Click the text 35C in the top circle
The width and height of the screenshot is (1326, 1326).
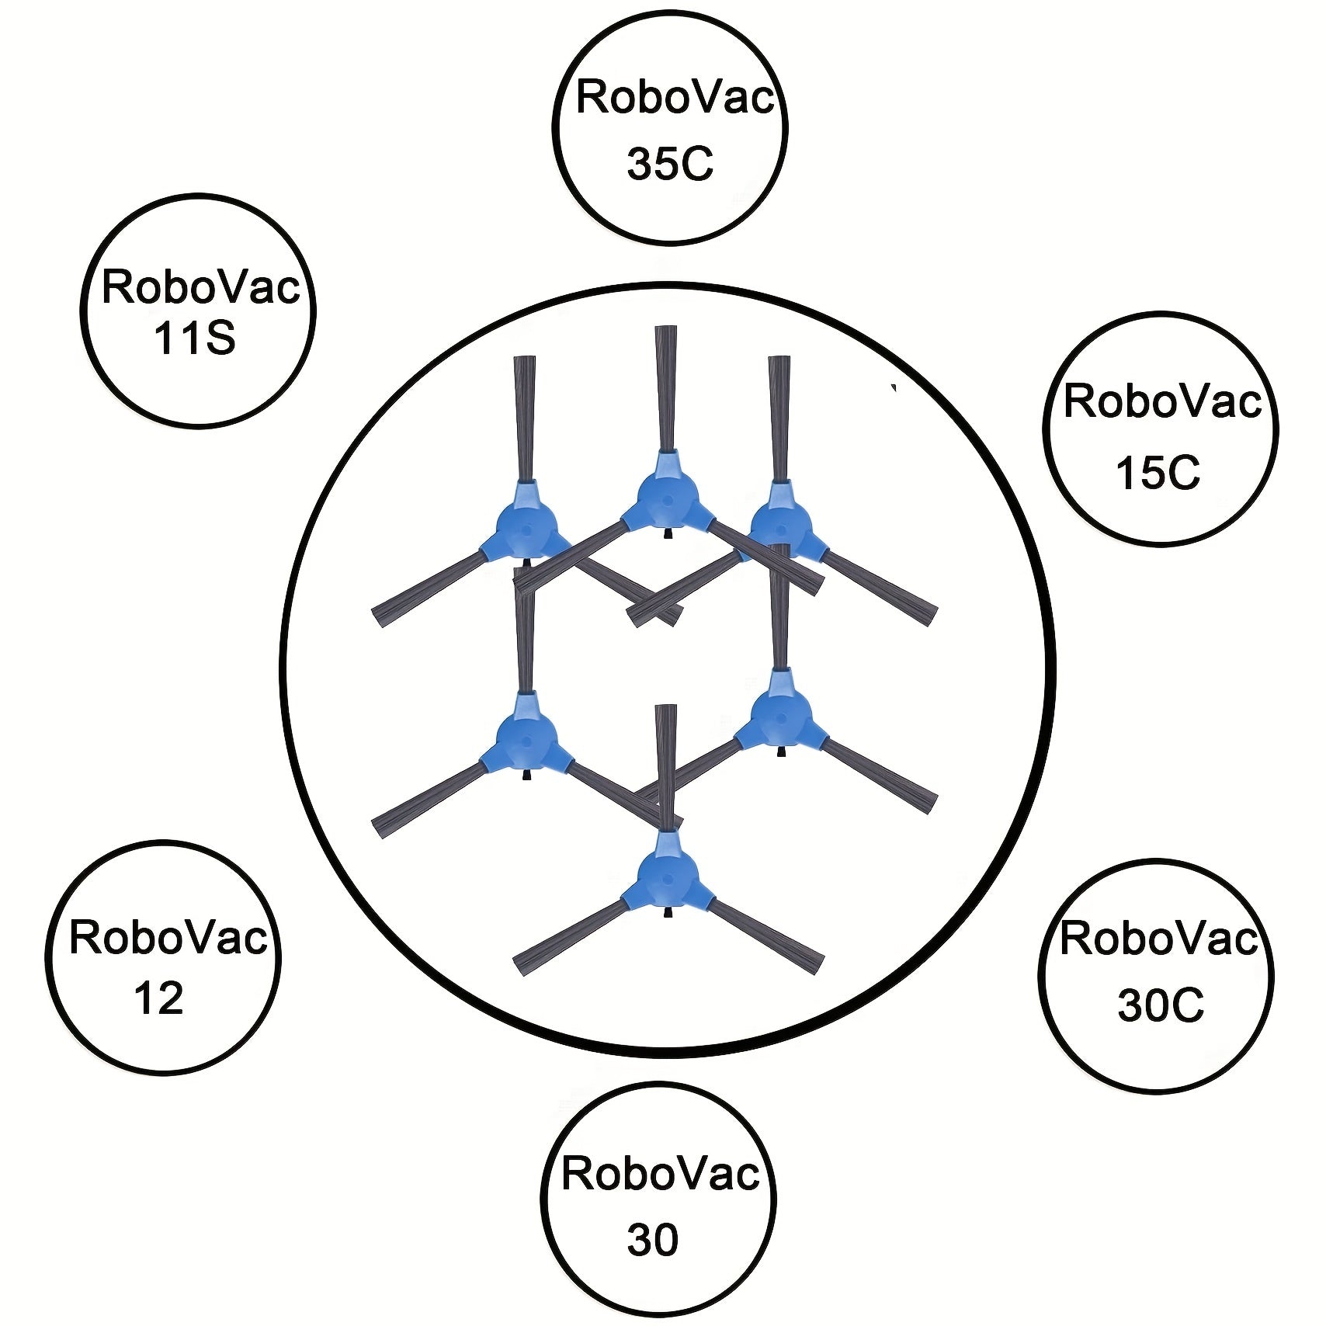point(670,165)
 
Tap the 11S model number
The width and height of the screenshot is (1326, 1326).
point(195,338)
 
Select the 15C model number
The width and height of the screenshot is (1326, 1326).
point(1158,472)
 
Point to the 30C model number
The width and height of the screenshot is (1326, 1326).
point(1161,1005)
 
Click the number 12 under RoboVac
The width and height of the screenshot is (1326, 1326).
point(158,998)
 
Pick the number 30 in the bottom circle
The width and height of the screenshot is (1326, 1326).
point(653,1240)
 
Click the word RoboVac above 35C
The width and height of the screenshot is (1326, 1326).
point(675,99)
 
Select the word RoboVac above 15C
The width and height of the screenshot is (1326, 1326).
point(1162,401)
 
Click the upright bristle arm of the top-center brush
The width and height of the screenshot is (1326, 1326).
point(666,387)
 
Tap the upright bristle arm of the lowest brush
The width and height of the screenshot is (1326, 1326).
point(666,768)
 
